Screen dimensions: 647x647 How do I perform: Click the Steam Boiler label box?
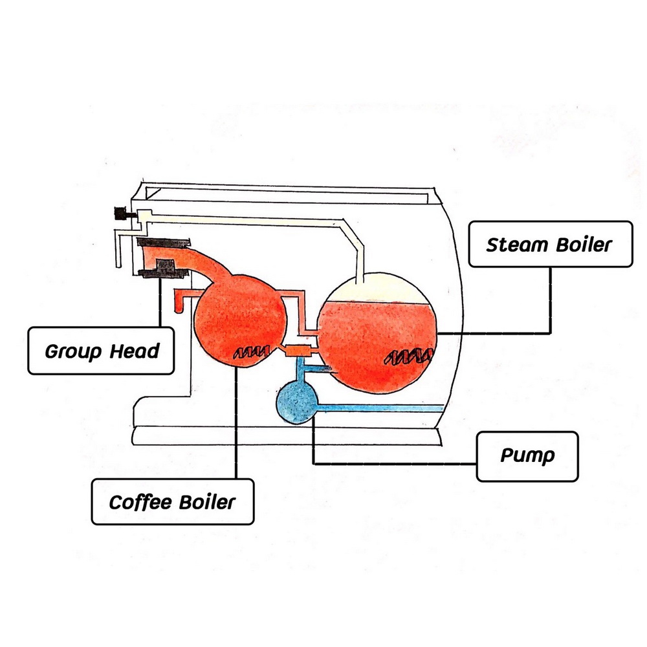point(550,244)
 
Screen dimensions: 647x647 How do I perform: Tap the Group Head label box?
point(101,351)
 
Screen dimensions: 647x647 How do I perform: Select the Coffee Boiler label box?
point(172,501)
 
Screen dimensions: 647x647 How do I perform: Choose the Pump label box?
point(527,456)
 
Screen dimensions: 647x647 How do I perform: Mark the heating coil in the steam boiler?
point(410,356)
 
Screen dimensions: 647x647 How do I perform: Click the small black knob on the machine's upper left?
point(120,212)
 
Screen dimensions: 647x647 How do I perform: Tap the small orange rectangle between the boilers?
point(298,351)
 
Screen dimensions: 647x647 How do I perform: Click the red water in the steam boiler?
point(375,343)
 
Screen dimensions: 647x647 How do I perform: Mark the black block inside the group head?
point(165,266)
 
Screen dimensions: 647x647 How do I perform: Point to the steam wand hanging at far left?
point(118,249)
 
